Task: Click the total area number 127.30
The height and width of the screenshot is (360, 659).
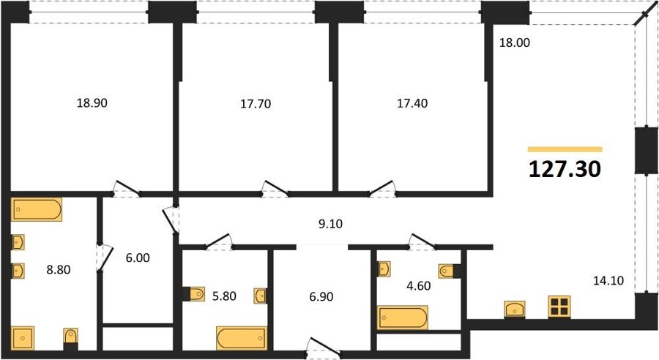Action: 565,169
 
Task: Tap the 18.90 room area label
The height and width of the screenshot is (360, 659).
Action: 92,103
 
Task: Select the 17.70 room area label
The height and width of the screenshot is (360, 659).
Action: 256,104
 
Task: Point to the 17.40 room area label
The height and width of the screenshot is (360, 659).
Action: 412,103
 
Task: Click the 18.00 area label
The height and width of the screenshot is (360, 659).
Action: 515,42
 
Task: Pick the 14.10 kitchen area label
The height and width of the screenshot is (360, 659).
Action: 608,280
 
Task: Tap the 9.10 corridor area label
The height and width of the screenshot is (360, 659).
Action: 330,224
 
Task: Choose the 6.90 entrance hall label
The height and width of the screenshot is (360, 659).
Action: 321,296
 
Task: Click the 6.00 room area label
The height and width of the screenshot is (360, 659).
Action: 138,258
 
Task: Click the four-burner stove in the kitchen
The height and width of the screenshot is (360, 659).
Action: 559,307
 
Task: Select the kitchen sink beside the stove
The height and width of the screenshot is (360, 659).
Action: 515,310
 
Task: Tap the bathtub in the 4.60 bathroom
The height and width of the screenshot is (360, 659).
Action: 403,318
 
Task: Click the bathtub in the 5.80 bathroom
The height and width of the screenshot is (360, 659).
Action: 242,338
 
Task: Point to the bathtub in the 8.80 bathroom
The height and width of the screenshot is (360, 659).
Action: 37,209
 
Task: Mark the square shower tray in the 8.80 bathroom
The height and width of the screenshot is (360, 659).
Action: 23,339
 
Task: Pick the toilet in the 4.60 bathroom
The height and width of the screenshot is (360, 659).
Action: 450,271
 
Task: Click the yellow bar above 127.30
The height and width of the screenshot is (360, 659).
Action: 565,149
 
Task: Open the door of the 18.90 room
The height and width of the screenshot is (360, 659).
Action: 127,189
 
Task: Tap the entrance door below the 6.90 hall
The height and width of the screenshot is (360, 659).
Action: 324,346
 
